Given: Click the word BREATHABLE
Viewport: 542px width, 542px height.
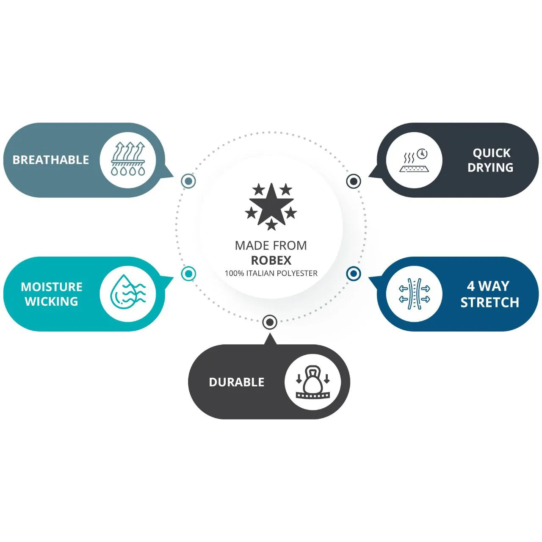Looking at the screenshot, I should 51,160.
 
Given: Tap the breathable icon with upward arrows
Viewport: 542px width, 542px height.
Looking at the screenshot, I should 127,160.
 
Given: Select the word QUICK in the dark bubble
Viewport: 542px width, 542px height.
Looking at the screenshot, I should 492,153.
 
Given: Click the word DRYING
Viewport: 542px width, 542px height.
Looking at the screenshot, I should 490,168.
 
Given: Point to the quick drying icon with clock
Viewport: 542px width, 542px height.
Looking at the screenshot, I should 414,160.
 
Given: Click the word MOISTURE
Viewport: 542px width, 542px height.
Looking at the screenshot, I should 52,287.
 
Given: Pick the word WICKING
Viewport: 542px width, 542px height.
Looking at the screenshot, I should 51,301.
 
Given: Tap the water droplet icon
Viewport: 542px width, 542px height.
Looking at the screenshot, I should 127,293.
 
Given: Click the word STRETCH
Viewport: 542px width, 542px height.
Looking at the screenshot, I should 489,302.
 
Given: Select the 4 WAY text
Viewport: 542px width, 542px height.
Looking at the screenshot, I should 488,286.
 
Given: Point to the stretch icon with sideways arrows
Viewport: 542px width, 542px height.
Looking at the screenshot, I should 414,294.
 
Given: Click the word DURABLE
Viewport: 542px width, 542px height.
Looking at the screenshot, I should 236,382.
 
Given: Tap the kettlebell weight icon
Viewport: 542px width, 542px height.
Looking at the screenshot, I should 312,382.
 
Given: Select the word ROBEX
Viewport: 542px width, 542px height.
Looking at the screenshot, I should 271,260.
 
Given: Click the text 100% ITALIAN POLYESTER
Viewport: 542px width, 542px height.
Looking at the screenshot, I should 271,274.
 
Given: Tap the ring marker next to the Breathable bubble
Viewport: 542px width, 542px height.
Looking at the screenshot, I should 188,181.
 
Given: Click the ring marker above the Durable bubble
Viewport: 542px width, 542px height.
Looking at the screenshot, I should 270,322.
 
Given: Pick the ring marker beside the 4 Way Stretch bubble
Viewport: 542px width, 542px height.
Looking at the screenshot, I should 353,274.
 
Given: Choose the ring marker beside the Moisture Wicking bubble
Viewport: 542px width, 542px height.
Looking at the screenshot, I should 188,274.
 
